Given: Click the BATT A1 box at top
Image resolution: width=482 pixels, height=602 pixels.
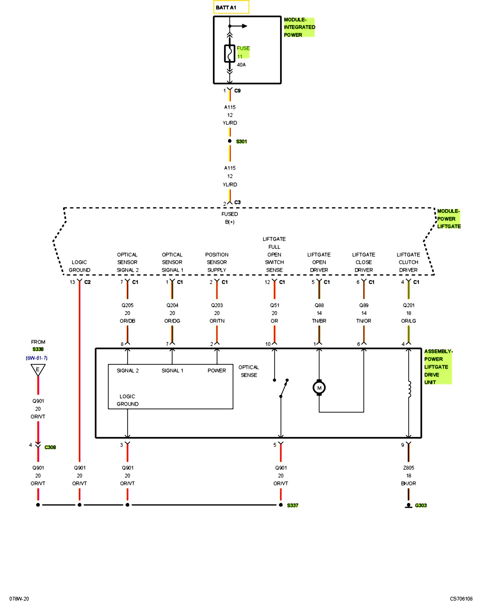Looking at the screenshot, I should tap(231, 7).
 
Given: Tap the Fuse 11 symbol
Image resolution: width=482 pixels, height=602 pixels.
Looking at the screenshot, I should tap(230, 54).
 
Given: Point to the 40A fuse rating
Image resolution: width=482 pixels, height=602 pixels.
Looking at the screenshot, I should tap(241, 65).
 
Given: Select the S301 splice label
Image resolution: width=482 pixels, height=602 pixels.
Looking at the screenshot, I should tap(241, 141).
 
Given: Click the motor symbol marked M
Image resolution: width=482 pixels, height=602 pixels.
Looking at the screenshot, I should tap(319, 388).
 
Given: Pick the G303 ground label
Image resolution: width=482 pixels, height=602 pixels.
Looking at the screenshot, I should tap(421, 505).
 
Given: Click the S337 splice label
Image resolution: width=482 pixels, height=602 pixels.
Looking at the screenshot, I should tap(292, 505).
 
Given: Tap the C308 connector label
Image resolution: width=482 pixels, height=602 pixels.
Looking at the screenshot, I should tap(50, 447).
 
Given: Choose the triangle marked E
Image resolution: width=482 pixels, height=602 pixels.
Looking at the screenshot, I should tap(38, 370).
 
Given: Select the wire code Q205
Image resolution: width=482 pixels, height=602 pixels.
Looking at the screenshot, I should tap(127, 305).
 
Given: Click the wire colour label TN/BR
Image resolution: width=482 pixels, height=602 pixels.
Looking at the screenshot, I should tap(319, 321).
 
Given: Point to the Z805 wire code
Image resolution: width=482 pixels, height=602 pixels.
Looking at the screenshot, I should tap(408, 468).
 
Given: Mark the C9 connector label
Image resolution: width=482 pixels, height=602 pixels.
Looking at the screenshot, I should tap(237, 91).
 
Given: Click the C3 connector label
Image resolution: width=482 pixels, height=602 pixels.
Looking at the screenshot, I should tap(237, 202).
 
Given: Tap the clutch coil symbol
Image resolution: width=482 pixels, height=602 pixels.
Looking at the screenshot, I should tap(409, 389).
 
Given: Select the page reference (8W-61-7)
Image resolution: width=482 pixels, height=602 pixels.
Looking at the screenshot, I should tap(36, 358).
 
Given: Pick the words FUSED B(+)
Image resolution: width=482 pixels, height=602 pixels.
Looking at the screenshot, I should tap(230, 218).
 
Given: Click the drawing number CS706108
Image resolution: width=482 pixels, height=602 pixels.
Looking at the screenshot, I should tap(461, 599).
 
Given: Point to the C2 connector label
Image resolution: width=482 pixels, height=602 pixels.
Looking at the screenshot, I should tap(87, 282).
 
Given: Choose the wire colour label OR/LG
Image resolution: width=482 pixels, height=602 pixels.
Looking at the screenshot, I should tap(408, 321).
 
